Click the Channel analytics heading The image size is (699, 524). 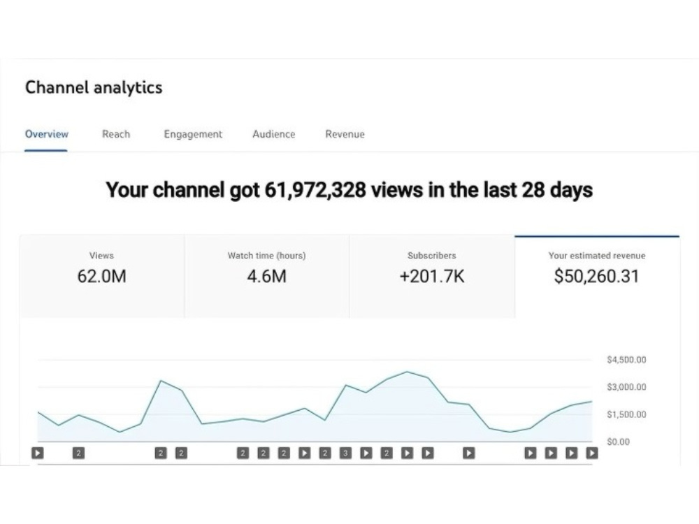pos(94,87)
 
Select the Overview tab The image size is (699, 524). pos(47,134)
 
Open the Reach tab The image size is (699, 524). pos(116,134)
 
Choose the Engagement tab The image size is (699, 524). pos(193,135)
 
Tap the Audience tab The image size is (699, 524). pos(274,134)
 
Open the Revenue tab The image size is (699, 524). pos(345,134)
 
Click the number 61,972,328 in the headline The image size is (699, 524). pos(315,190)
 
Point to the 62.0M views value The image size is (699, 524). pos(101,276)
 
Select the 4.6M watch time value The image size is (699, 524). pos(266,276)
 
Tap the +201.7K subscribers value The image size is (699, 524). pos(432,276)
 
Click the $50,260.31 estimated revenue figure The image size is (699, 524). pos(596,276)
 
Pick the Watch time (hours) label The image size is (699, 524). pos(266,256)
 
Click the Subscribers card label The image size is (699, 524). pos(432,256)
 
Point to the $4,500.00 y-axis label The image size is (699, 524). pos(626,360)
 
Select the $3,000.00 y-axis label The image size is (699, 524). pos(626,387)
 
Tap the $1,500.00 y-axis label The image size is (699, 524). pos(626,414)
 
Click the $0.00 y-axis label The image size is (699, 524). pos(619,442)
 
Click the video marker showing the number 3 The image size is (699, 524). pos(345,453)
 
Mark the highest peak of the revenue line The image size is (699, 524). pos(407,372)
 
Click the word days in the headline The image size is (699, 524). pos(571,190)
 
